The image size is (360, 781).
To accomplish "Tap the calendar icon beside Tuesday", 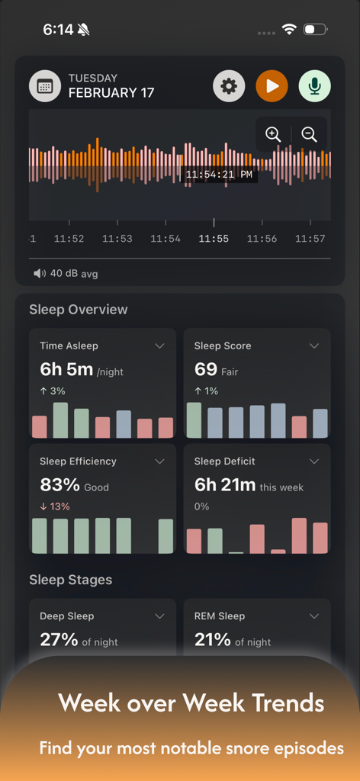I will pyautogui.click(x=45, y=85).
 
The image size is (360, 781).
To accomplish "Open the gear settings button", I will pyautogui.click(x=229, y=85).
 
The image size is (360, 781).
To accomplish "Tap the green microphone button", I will pyautogui.click(x=314, y=85).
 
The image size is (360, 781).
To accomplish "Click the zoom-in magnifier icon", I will pyautogui.click(x=273, y=134).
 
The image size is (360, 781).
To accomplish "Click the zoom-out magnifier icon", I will pyautogui.click(x=309, y=134).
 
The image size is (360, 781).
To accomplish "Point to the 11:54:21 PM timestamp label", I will pyautogui.click(x=219, y=175).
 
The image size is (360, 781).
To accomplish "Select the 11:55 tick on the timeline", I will pyautogui.click(x=214, y=238).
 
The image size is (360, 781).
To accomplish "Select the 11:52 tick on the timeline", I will pyautogui.click(x=69, y=238).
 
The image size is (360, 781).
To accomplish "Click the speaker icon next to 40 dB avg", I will pyautogui.click(x=40, y=273).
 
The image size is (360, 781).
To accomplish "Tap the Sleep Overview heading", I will pyautogui.click(x=79, y=310).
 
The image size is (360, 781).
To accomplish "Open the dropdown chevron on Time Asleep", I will pyautogui.click(x=159, y=346).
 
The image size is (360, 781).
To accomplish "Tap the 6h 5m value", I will pyautogui.click(x=66, y=370).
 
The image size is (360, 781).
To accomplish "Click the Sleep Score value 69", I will pyautogui.click(x=206, y=370).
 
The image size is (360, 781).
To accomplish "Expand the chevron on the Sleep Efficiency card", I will pyautogui.click(x=159, y=461).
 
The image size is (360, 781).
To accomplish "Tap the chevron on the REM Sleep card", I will pyautogui.click(x=314, y=616).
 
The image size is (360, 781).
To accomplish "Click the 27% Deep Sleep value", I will pyautogui.click(x=59, y=640).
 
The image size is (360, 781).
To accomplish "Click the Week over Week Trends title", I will pyautogui.click(x=191, y=702).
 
